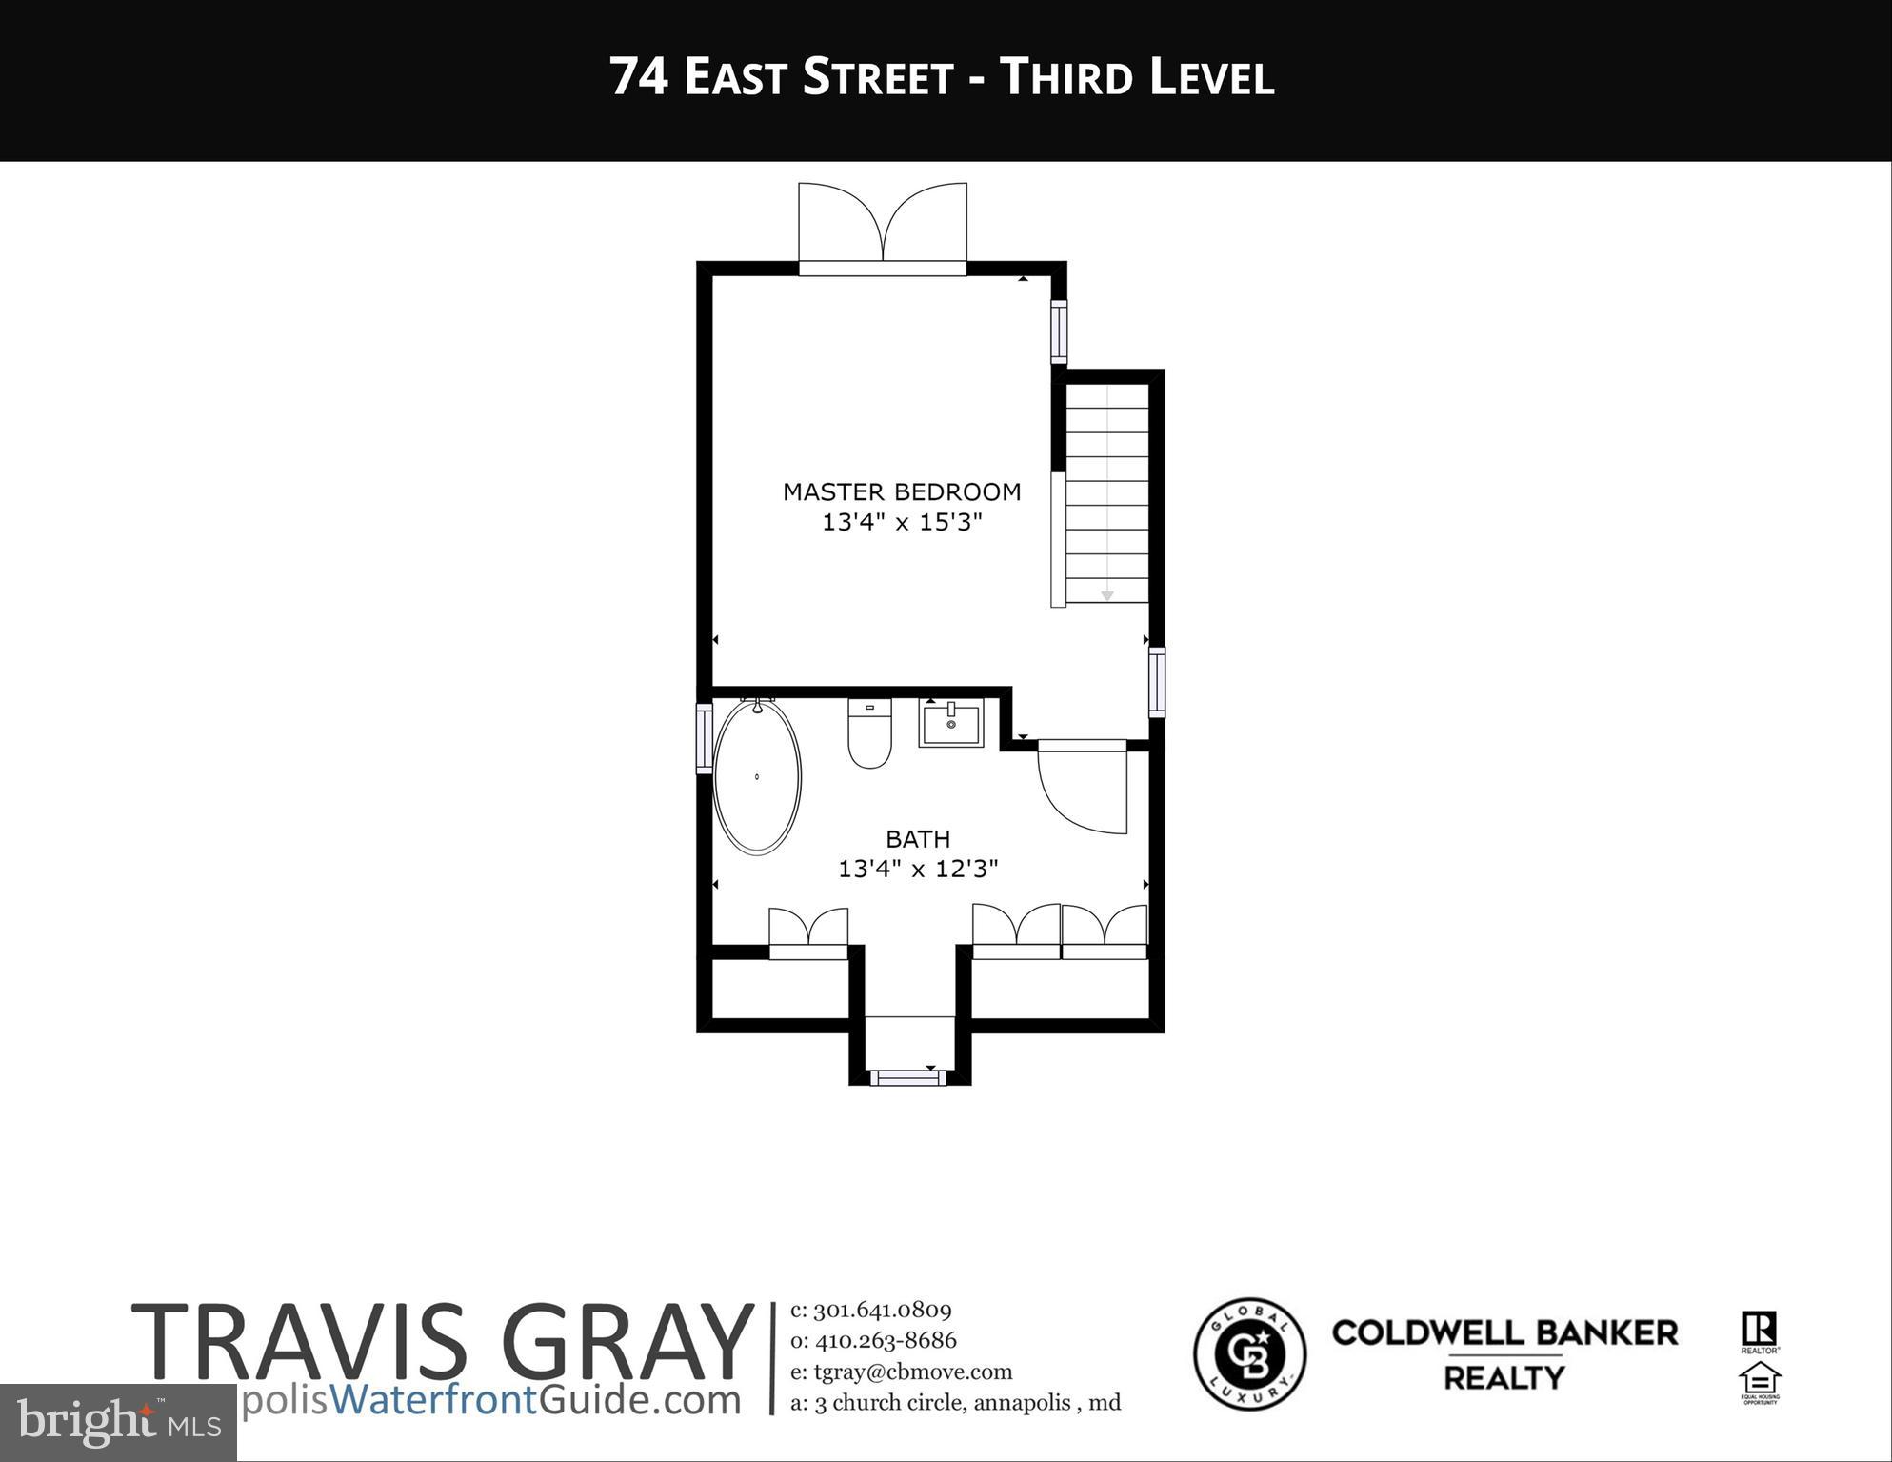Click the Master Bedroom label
click(901, 491)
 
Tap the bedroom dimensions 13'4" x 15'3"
click(901, 522)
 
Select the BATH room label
click(917, 839)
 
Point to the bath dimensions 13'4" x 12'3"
click(917, 869)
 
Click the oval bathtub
click(757, 776)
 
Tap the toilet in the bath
click(868, 734)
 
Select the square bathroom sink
click(950, 723)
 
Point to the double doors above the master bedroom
click(882, 227)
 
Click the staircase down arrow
click(1106, 594)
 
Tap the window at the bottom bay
click(907, 1077)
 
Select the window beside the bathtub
click(705, 738)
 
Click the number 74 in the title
click(638, 77)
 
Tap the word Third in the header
click(1064, 77)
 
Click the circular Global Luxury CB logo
click(1249, 1352)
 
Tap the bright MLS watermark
click(118, 1422)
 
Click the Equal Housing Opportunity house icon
click(1759, 1381)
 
